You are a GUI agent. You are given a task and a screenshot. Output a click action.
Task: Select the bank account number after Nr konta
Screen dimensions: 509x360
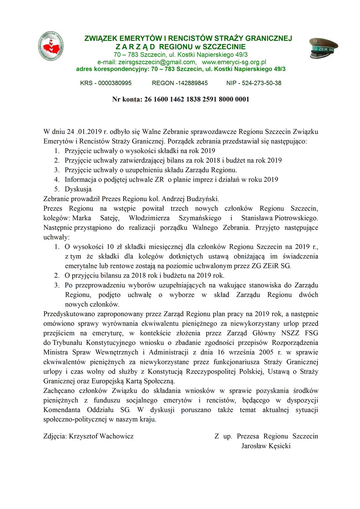(197, 100)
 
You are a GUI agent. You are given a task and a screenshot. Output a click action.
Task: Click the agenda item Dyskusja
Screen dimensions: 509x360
(78, 189)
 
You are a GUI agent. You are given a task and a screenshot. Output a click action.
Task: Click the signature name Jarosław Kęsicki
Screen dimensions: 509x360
(266, 446)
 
